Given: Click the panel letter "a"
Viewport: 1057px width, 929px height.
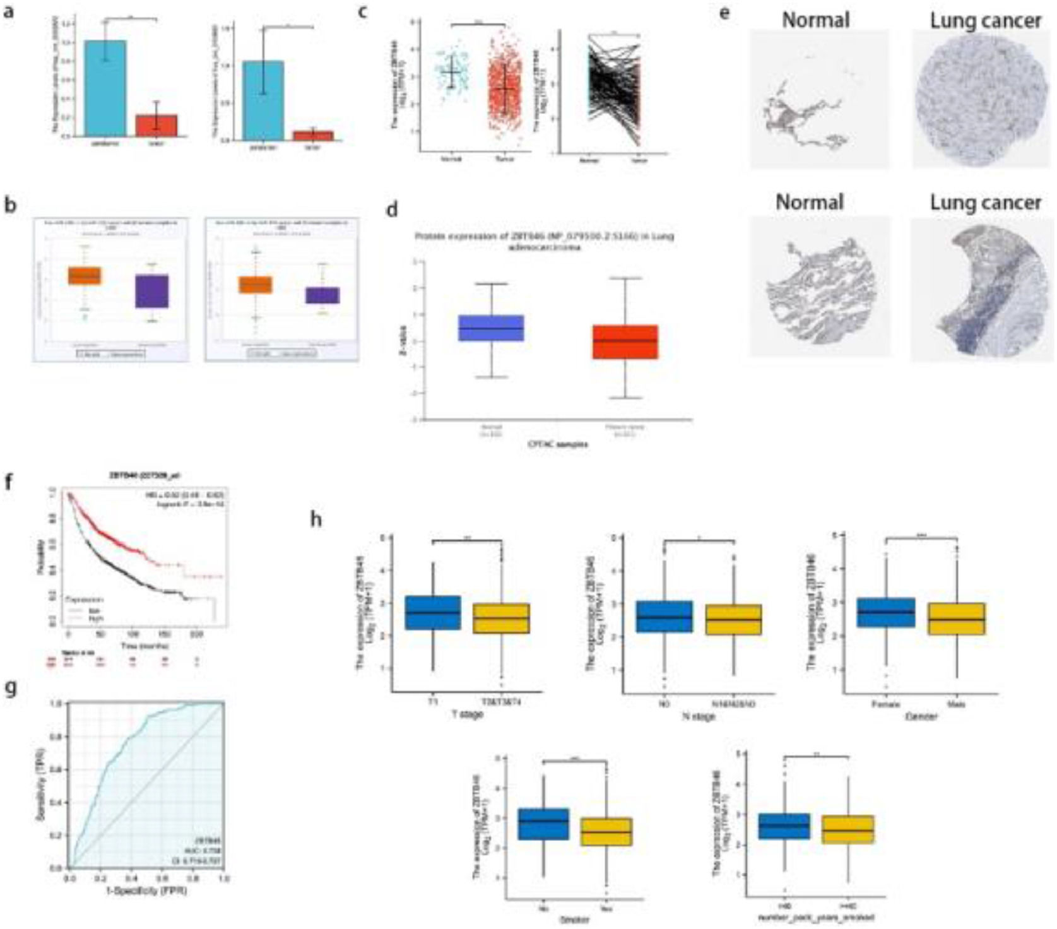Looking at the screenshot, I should pos(8,11).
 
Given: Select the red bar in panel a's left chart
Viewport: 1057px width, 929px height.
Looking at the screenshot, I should pos(156,125).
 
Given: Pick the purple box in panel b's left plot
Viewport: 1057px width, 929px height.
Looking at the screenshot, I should pos(152,291).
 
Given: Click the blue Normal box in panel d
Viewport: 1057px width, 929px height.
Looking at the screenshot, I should pos(491,328).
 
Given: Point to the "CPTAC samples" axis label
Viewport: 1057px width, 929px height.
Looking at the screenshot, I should pos(558,444).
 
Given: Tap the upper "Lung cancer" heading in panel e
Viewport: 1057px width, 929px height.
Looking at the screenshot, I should pos(985,21).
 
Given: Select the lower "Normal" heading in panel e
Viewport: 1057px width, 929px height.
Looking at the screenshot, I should pos(809,203).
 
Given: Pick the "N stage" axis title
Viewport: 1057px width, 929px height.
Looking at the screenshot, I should pos(698,716).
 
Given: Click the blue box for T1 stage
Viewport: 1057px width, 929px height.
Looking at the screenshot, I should pos(433,612).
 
